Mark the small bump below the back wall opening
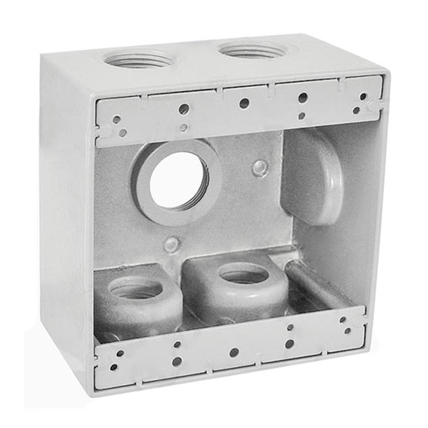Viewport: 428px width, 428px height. pyautogui.click(x=171, y=244)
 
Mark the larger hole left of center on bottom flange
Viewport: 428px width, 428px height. pyautogui.click(x=176, y=361)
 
